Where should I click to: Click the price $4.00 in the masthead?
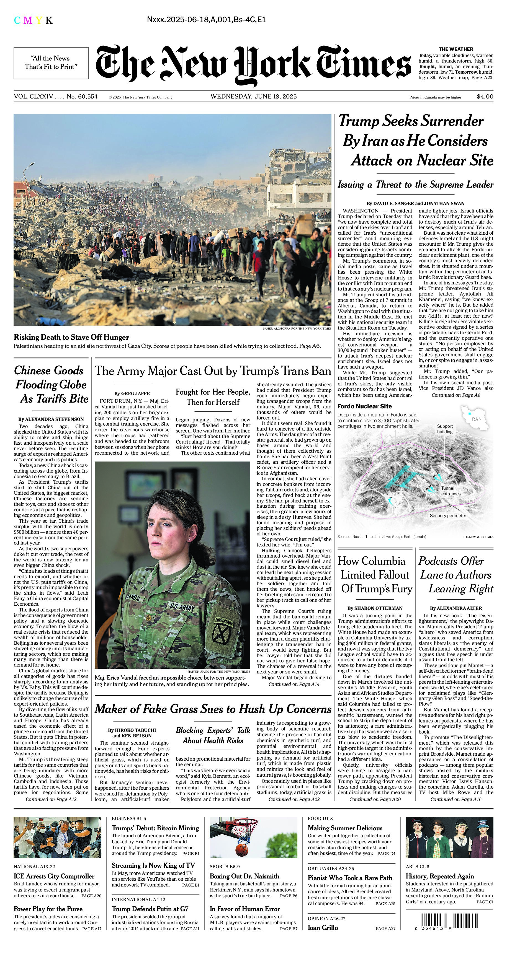[485, 97]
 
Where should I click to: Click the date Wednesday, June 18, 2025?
[253, 97]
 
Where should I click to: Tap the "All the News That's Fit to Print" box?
[51, 63]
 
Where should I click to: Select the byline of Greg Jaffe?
[132, 393]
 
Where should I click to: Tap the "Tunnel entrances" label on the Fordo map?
[451, 491]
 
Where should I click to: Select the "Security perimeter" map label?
[448, 515]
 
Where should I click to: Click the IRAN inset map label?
[476, 419]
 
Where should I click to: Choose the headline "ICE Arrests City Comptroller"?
[54, 876]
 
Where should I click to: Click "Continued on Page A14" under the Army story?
[294, 684]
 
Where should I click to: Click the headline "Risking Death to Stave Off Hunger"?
[71, 337]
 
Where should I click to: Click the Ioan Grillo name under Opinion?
[323, 928]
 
